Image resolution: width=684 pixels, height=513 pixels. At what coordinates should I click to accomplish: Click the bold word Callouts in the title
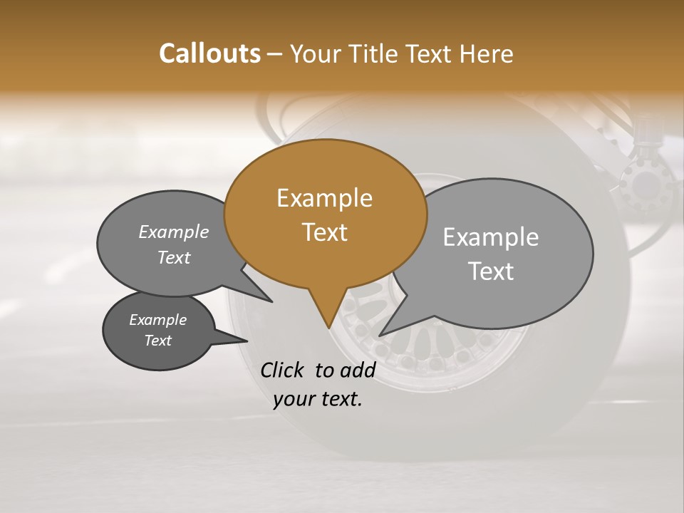click(209, 53)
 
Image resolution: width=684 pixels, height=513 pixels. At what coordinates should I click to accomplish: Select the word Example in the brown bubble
click(324, 198)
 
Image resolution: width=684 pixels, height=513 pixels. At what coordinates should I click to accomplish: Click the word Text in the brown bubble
click(324, 232)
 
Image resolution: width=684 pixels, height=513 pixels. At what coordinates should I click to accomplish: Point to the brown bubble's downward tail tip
click(328, 327)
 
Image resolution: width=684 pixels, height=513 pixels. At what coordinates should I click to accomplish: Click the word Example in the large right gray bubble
click(491, 237)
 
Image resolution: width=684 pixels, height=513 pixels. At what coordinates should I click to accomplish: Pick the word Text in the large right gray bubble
click(491, 271)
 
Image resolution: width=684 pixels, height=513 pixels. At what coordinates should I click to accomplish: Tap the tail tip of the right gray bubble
click(380, 334)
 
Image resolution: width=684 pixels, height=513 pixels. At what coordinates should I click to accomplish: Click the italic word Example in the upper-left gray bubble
click(174, 232)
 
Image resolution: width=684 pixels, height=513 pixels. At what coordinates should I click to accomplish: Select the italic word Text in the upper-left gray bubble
click(174, 257)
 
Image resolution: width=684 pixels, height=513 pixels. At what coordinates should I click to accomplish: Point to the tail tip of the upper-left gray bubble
click(271, 301)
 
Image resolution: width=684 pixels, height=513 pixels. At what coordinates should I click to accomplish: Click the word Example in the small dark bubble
click(157, 320)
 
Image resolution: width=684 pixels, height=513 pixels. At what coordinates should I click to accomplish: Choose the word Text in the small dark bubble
click(157, 341)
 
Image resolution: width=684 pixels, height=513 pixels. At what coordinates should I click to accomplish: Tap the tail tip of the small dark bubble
click(247, 341)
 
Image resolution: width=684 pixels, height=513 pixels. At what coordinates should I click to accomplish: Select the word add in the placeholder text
click(358, 370)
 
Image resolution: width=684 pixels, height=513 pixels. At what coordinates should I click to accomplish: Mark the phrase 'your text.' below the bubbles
click(318, 399)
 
